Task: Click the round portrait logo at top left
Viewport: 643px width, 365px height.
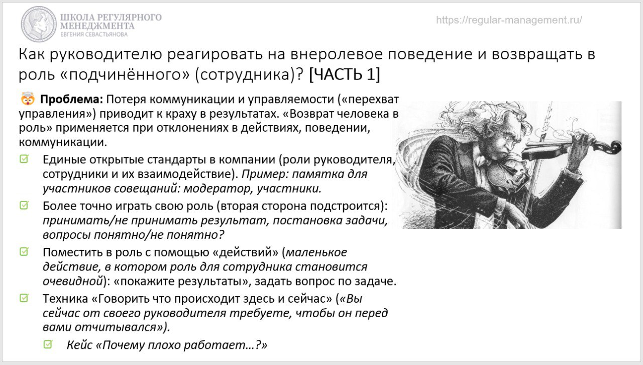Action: point(39,24)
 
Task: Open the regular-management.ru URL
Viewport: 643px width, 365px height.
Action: point(509,20)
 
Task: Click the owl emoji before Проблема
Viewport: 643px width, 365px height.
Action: point(28,99)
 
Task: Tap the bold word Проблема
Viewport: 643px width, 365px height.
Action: point(71,100)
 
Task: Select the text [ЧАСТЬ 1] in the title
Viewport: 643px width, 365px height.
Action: point(345,74)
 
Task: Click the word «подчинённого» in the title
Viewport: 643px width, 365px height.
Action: point(125,74)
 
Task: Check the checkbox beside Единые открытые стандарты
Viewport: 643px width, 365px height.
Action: point(24,159)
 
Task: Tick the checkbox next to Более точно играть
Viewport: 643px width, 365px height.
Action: point(24,205)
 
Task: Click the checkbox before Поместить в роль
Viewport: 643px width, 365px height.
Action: point(24,252)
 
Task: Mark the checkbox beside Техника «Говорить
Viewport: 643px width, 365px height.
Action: point(24,298)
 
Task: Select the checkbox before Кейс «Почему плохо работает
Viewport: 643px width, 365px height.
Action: point(48,344)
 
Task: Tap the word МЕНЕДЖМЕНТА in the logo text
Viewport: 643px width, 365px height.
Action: point(97,26)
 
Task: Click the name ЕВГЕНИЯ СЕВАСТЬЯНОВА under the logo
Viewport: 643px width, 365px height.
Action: point(94,35)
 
